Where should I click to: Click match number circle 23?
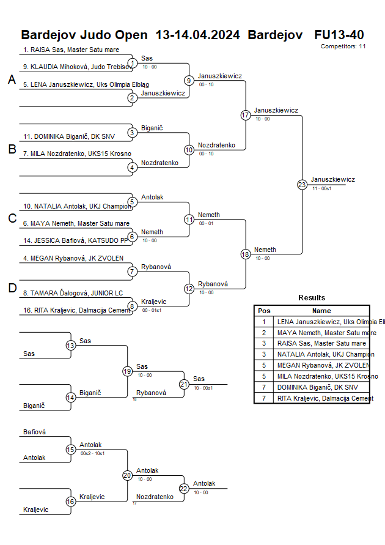click(x=302, y=184)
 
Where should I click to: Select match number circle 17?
click(x=246, y=115)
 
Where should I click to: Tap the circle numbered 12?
click(x=189, y=289)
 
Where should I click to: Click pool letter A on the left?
click(x=12, y=80)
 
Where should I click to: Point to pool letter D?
click(x=12, y=288)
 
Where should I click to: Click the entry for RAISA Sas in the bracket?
click(x=71, y=50)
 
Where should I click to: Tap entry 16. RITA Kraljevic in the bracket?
click(x=76, y=310)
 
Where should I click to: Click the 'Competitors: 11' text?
click(x=343, y=46)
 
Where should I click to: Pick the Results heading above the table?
click(x=312, y=298)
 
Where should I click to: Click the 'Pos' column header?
click(x=264, y=311)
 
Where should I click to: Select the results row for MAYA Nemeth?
click(x=326, y=333)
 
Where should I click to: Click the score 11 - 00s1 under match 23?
click(x=321, y=189)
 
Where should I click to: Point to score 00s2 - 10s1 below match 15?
click(x=92, y=453)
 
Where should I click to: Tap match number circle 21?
click(x=184, y=384)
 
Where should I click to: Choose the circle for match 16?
click(x=71, y=502)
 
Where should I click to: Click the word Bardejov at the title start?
click(x=48, y=34)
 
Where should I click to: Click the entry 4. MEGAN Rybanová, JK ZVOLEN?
click(x=73, y=258)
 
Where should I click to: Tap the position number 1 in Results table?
click(x=264, y=322)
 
